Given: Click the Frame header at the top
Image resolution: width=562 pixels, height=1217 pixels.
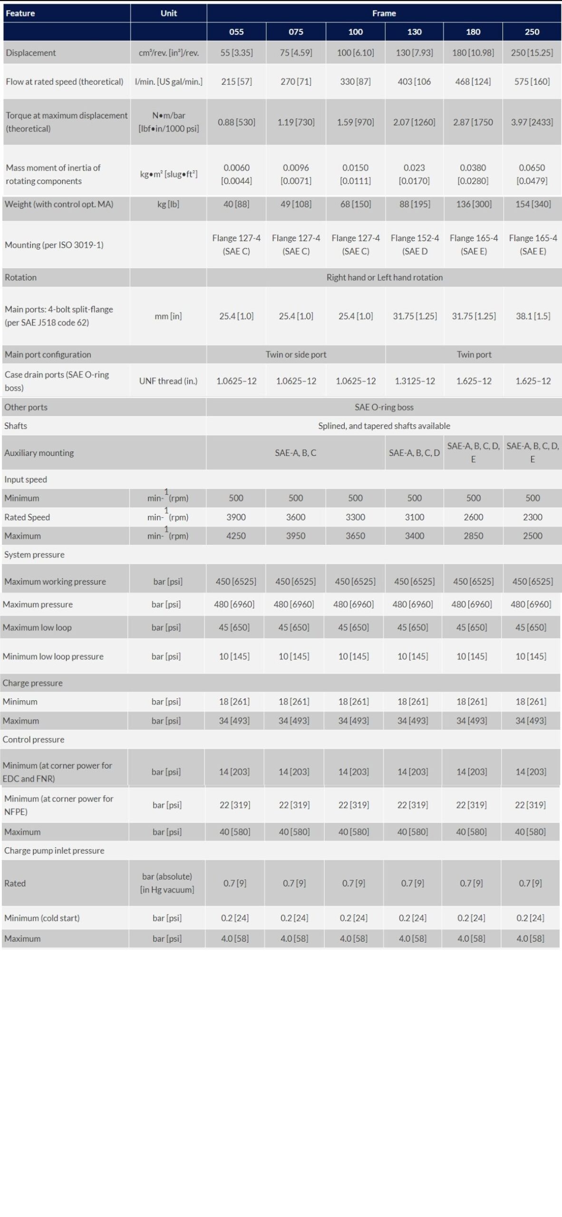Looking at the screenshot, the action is (384, 13).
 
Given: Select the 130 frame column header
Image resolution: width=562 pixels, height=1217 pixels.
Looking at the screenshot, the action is (414, 32).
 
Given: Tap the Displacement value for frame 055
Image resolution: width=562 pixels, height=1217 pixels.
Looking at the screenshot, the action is (236, 53).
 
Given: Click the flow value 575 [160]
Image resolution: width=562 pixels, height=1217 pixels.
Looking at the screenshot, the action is (532, 81).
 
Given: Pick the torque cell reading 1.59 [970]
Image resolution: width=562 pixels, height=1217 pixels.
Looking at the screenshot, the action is (355, 122).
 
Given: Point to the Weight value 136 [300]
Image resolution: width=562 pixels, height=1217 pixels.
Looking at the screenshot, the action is (474, 204).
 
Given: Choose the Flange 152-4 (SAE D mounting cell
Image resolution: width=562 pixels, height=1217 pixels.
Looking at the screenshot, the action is (415, 244).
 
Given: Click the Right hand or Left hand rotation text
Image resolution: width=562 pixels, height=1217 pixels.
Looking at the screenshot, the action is (384, 277).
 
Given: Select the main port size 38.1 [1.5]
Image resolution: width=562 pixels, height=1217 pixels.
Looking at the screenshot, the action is (533, 316).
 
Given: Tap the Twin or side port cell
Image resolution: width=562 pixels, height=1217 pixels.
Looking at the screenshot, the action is (296, 354).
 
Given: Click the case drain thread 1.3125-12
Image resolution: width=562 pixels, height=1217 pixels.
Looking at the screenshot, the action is (415, 381).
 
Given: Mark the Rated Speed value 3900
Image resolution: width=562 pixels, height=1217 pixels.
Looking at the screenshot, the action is (236, 517).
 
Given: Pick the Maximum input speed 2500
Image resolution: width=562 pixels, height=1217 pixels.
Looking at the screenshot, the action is (533, 536).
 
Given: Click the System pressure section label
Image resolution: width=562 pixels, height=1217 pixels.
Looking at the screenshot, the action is (34, 555).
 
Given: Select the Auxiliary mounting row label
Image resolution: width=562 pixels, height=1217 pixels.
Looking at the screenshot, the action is (39, 453).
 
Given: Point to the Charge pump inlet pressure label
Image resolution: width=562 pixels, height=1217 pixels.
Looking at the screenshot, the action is (54, 850).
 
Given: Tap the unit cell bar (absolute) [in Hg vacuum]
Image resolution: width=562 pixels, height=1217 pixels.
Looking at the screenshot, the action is (167, 883).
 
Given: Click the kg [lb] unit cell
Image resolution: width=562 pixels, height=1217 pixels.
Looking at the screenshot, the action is (168, 204).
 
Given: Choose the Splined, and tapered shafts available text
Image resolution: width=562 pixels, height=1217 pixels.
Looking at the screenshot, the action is (384, 426).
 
